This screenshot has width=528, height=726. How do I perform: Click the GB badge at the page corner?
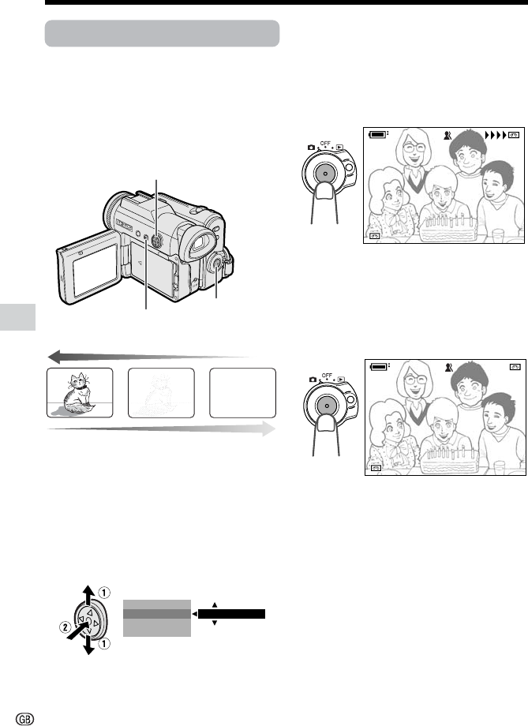point(25,718)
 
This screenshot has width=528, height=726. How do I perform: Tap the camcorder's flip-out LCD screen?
point(95,270)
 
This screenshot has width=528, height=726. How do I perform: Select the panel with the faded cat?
point(161,393)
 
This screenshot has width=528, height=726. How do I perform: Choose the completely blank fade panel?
point(243,393)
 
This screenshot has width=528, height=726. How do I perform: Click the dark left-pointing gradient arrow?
point(149,357)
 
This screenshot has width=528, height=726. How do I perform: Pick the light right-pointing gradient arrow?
point(161,428)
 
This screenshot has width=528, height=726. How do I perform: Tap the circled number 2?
point(65,628)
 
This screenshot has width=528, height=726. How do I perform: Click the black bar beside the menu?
point(231,614)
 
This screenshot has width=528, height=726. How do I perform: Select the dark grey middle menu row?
point(157,614)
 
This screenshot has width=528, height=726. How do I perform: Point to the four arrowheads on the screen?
point(495,135)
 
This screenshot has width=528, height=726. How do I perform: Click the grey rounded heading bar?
point(162,33)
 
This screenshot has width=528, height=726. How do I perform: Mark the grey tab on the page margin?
point(17,317)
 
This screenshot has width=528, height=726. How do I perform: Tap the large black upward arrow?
point(88,595)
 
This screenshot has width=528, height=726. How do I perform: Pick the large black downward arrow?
point(88,645)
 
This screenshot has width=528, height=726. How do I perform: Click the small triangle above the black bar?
point(215,604)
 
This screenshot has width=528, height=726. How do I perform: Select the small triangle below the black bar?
point(215,623)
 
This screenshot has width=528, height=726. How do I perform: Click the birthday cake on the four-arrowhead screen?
point(448,228)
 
